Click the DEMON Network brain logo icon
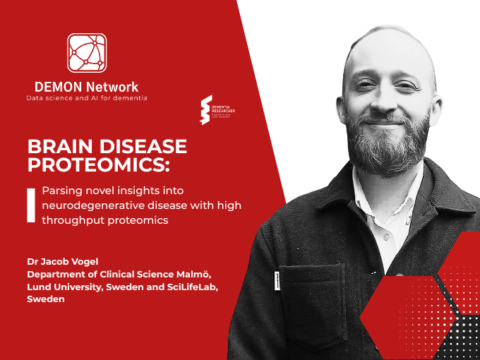click(87, 53)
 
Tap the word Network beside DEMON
click(112, 87)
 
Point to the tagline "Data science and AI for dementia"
click(87, 100)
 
